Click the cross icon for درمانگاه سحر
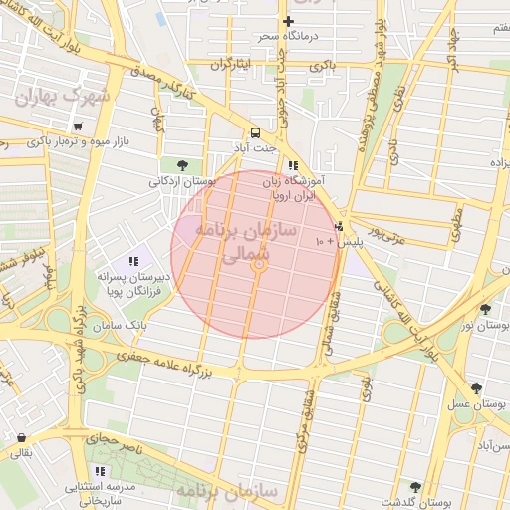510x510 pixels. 289,21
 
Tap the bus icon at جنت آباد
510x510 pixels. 256,132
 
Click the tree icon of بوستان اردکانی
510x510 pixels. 181,165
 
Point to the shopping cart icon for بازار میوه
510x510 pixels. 77,127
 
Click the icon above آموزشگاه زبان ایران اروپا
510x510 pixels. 292,166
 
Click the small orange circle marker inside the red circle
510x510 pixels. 259,265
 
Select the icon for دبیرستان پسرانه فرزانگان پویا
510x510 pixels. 133,261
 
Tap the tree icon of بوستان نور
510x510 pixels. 485,309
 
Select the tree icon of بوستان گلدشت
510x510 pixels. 415,487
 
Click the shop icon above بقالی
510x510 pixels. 21,438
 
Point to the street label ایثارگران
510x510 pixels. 232,64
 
